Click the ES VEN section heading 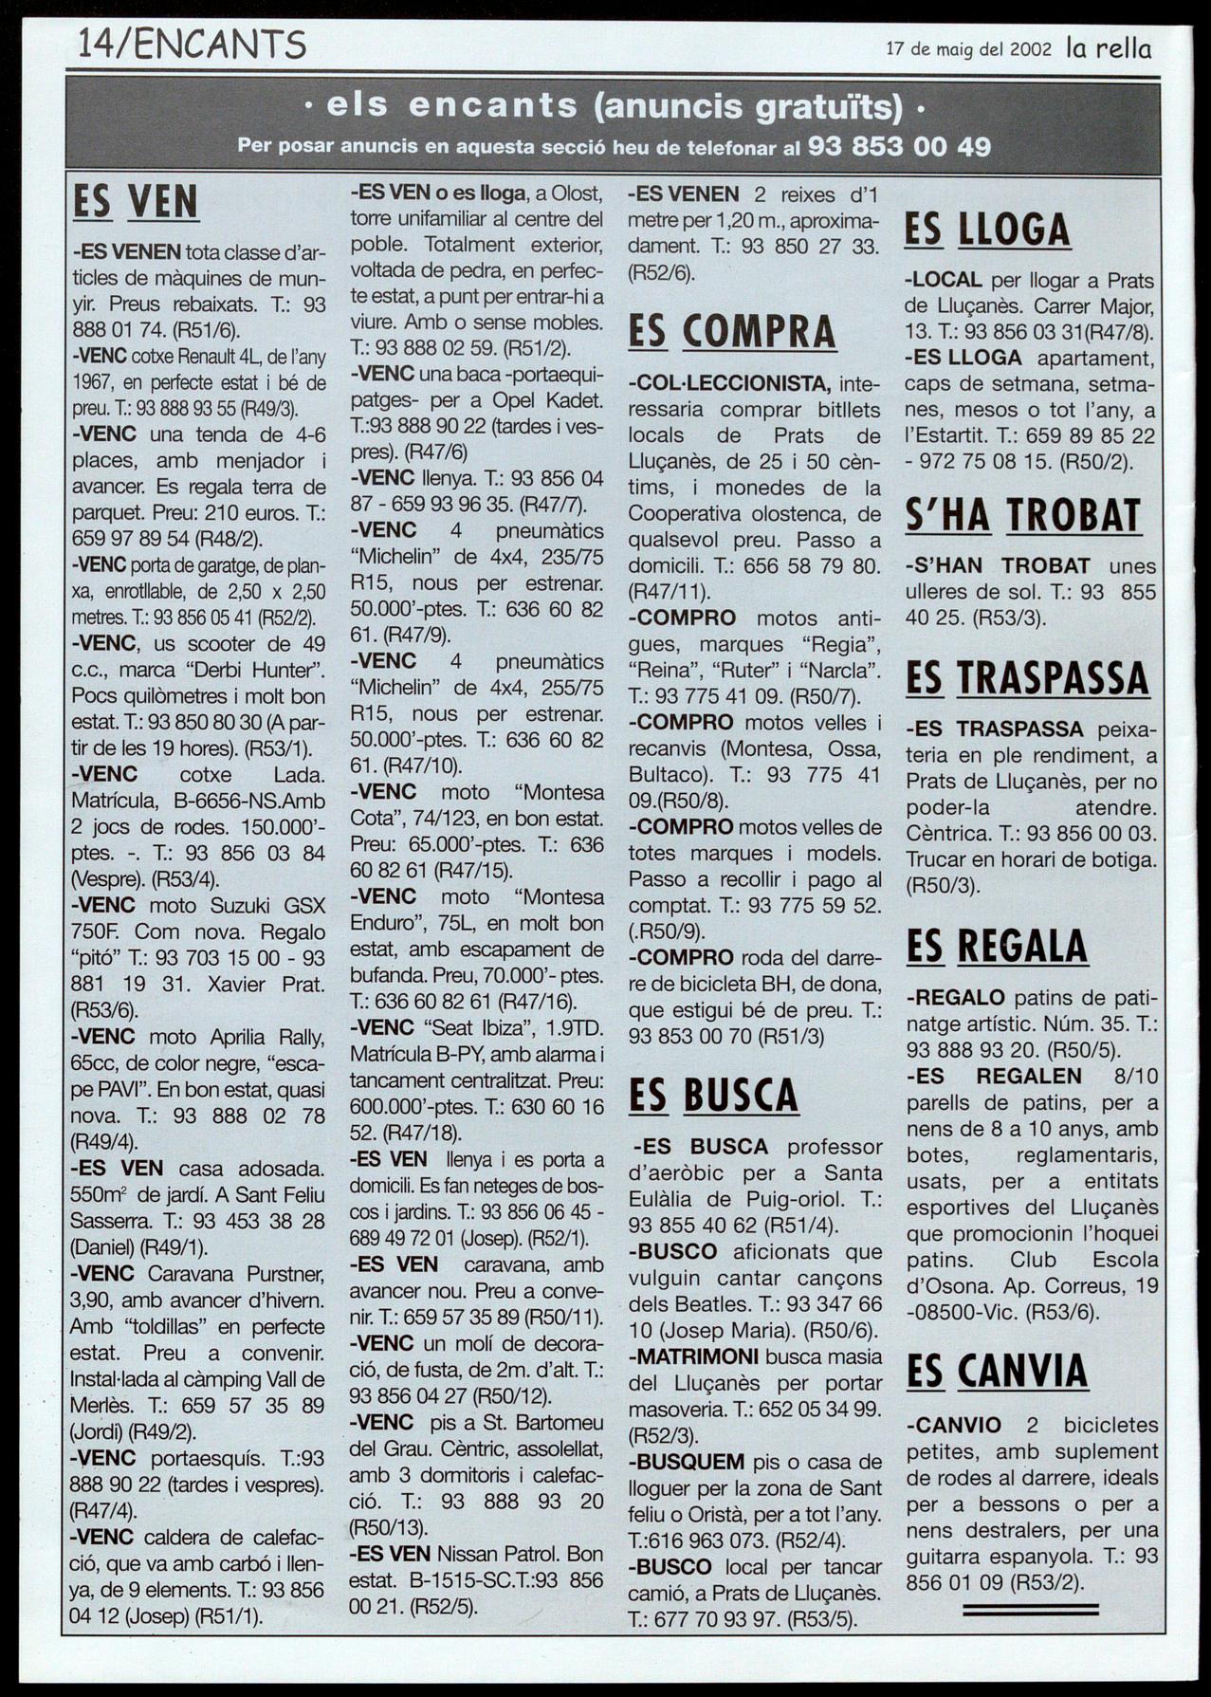[136, 202]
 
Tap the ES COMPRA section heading [732, 331]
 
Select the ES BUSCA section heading [713, 1096]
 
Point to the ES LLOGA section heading [987, 230]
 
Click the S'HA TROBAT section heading [1023, 515]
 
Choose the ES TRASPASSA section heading [1027, 678]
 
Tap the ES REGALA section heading [997, 946]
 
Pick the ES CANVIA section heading [997, 1371]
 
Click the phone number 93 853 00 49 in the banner [899, 147]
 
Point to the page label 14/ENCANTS [192, 45]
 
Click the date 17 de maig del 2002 [968, 49]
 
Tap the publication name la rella [1109, 48]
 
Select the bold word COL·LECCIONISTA [730, 384]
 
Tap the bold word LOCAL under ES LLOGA [944, 281]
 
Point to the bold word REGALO [956, 998]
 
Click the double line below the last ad [1030, 1609]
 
